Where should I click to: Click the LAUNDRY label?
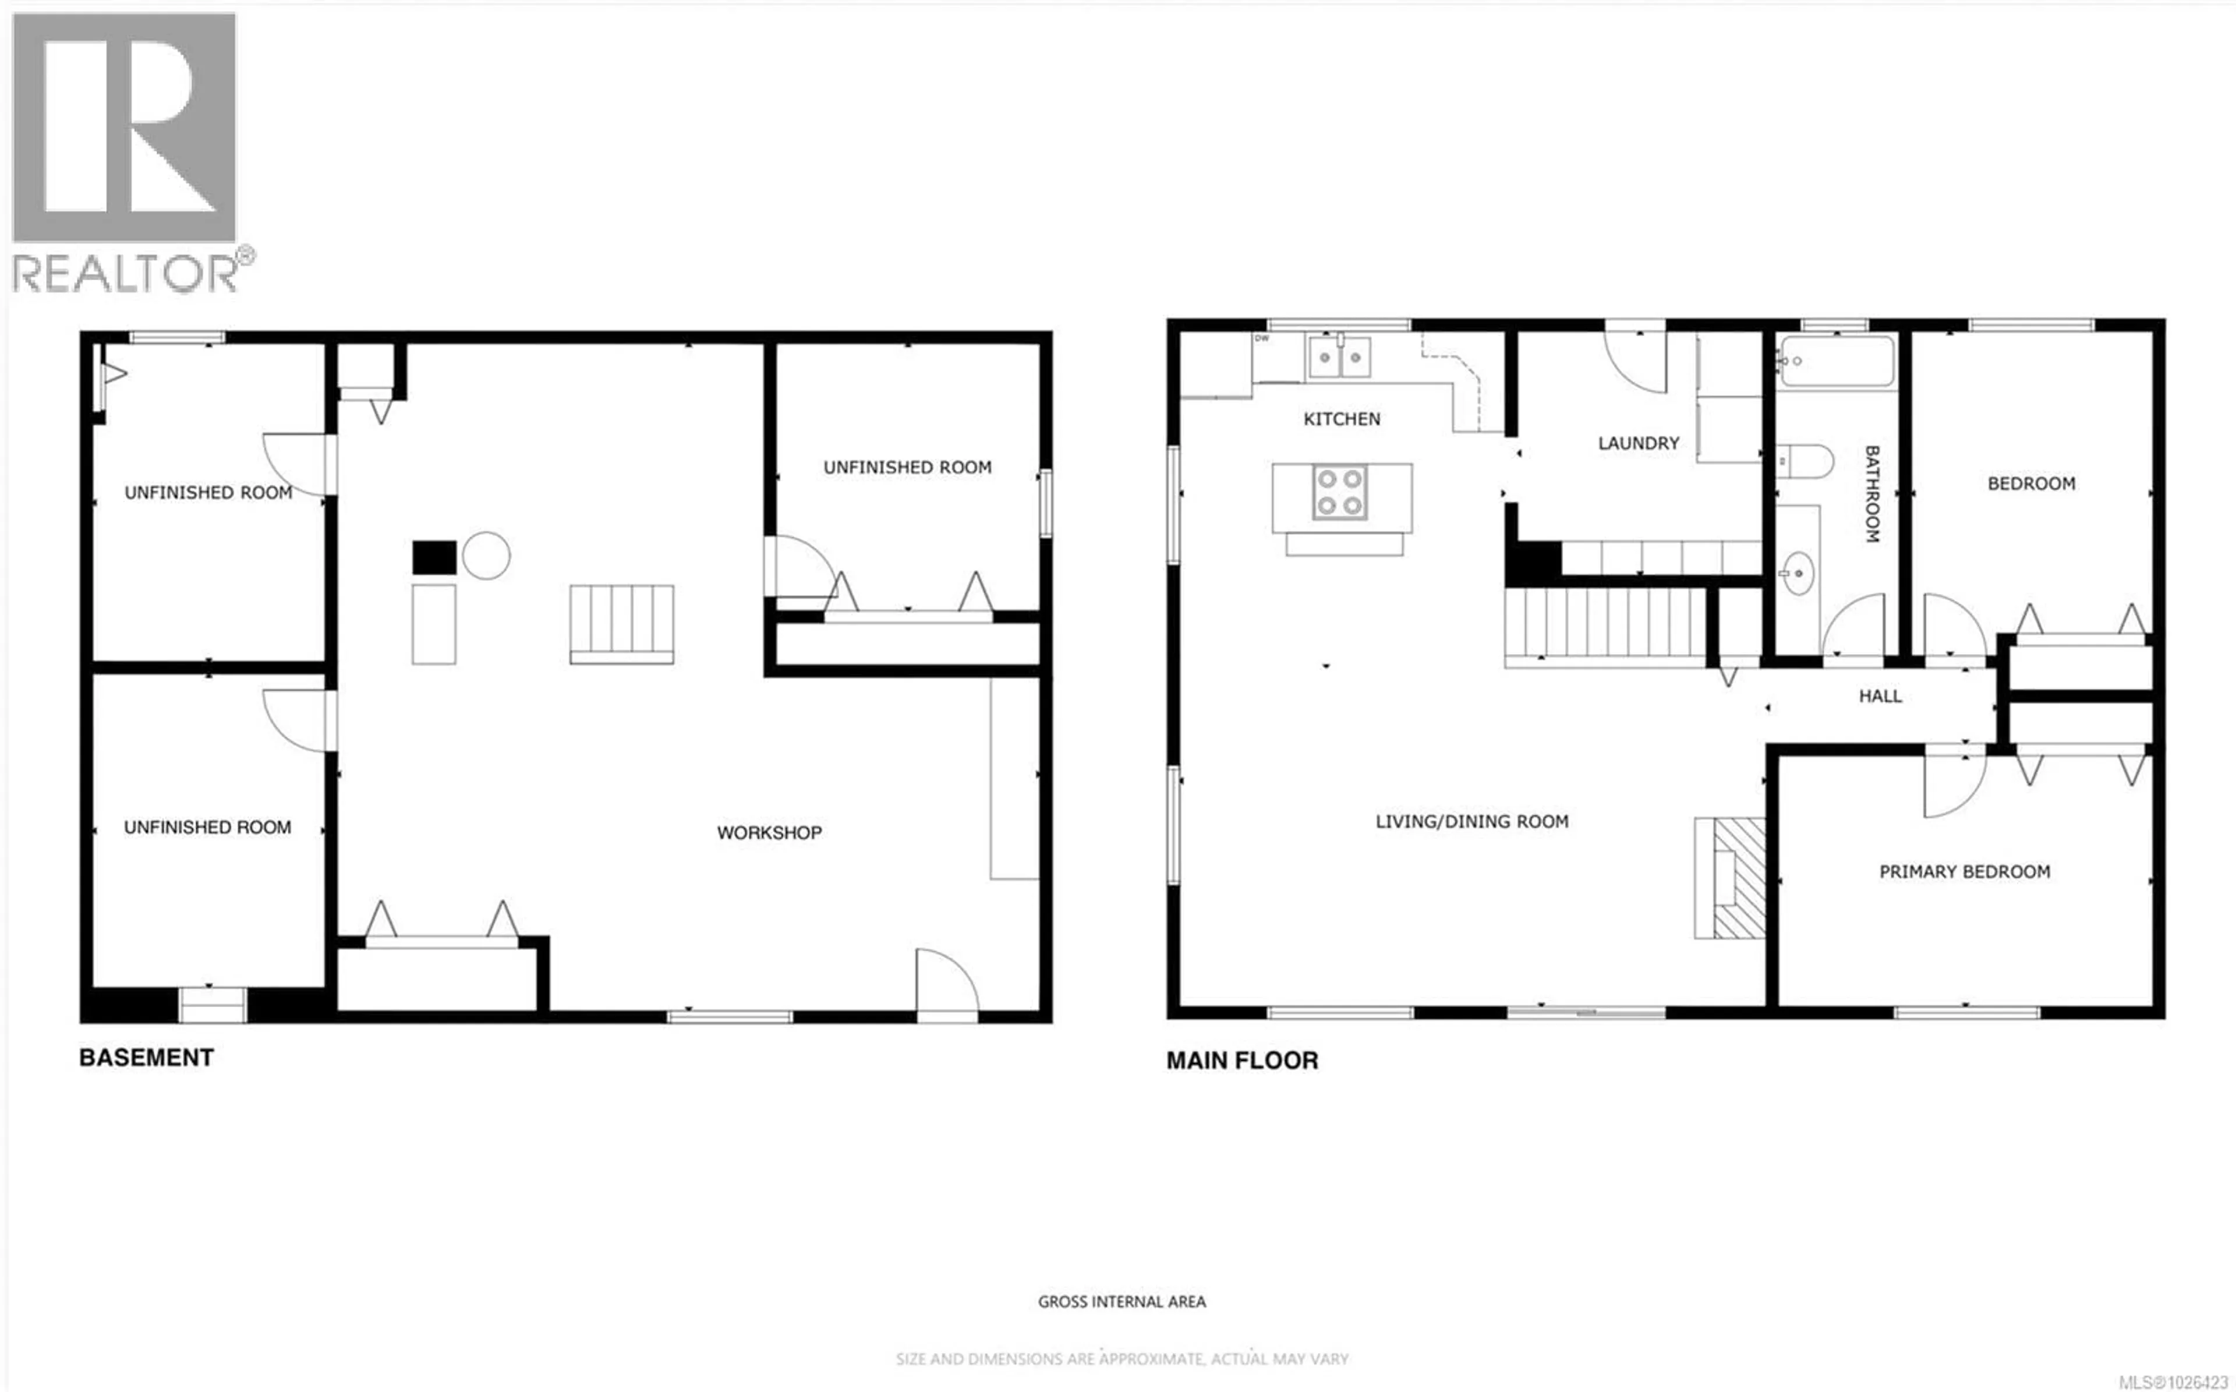tap(1638, 443)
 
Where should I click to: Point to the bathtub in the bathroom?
tap(1837, 361)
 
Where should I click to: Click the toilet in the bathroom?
tap(1805, 460)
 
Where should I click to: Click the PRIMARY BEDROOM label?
tap(1963, 871)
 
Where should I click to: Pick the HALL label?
tap(1879, 696)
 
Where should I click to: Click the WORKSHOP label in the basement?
tap(769, 832)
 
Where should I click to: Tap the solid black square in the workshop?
tap(433, 557)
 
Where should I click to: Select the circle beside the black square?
tap(486, 555)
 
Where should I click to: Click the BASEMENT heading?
tap(146, 1057)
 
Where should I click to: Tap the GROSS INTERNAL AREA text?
tap(1121, 1301)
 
